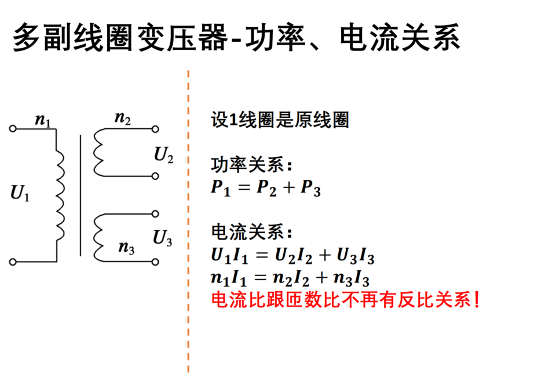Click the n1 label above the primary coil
pyautogui.click(x=43, y=120)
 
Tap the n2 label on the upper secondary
pyautogui.click(x=123, y=118)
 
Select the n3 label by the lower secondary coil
pyautogui.click(x=126, y=247)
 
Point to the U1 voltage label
pyautogui.click(x=20, y=193)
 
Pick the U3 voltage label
pyautogui.click(x=162, y=238)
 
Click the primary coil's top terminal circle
pyautogui.click(x=13, y=129)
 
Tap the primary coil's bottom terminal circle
pyautogui.click(x=13, y=262)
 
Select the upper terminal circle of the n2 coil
pyautogui.click(x=155, y=129)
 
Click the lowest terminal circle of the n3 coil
pyautogui.click(x=155, y=262)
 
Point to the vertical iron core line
pyautogui.click(x=81, y=195)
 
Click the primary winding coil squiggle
pyautogui.click(x=60, y=195)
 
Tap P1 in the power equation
pyautogui.click(x=221, y=187)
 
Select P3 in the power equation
pyautogui.click(x=310, y=188)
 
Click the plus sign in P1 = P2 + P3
pyautogui.click(x=288, y=187)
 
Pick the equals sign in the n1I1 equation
pyautogui.click(x=260, y=278)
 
